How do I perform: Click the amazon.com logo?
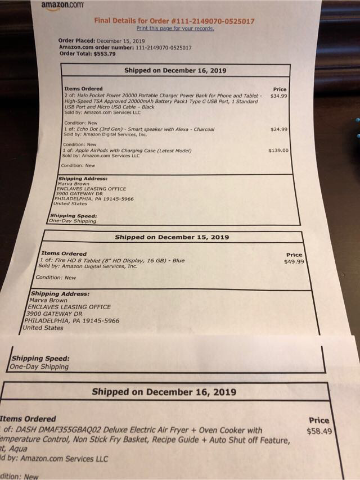tap(62, 4)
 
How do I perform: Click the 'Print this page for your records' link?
tap(175, 28)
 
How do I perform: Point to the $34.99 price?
tap(279, 96)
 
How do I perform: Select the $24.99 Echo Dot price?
tap(278, 129)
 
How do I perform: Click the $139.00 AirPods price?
tap(278, 151)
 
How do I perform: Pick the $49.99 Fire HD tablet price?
tap(294, 261)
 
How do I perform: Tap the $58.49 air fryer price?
tap(318, 431)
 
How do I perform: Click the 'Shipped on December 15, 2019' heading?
tap(172, 237)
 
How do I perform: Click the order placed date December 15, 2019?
tap(121, 41)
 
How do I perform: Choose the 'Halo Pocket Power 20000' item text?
tap(110, 96)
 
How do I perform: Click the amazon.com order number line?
tap(125, 48)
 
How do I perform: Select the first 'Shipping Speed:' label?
tap(74, 215)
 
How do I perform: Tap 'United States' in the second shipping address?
tap(43, 328)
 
